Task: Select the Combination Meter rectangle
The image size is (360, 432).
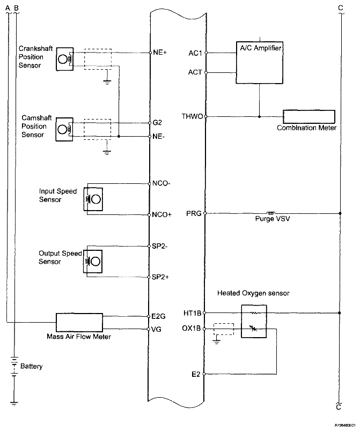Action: coord(309,116)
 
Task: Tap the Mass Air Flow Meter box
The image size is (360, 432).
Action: coord(79,323)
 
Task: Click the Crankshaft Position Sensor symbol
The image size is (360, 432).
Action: coord(64,58)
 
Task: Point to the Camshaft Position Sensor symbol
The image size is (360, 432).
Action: coord(64,129)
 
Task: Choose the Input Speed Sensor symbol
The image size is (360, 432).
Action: coord(93,199)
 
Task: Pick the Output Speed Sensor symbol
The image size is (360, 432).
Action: coord(93,261)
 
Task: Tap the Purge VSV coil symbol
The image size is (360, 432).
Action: coord(271,213)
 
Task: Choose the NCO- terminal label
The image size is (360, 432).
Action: coord(161,183)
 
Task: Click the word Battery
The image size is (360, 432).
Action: coord(31,367)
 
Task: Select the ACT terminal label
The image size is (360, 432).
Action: coord(195,72)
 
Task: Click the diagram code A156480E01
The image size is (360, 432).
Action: coord(340,425)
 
